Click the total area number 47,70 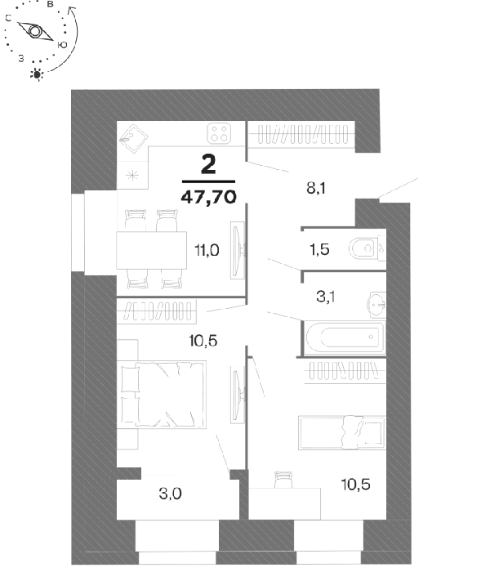208,198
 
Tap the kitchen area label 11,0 207,251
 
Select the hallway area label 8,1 316,188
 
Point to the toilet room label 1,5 319,249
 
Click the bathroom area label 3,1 326,297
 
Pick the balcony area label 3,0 170,494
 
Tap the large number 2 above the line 208,164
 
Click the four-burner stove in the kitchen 219,133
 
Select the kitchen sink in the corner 133,139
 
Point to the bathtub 345,337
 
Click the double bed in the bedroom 163,395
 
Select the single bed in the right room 342,432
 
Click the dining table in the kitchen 151,250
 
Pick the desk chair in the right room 283,480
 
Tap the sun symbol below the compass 37,74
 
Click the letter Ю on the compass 62,45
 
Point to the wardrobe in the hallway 303,134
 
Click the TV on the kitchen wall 237,250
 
